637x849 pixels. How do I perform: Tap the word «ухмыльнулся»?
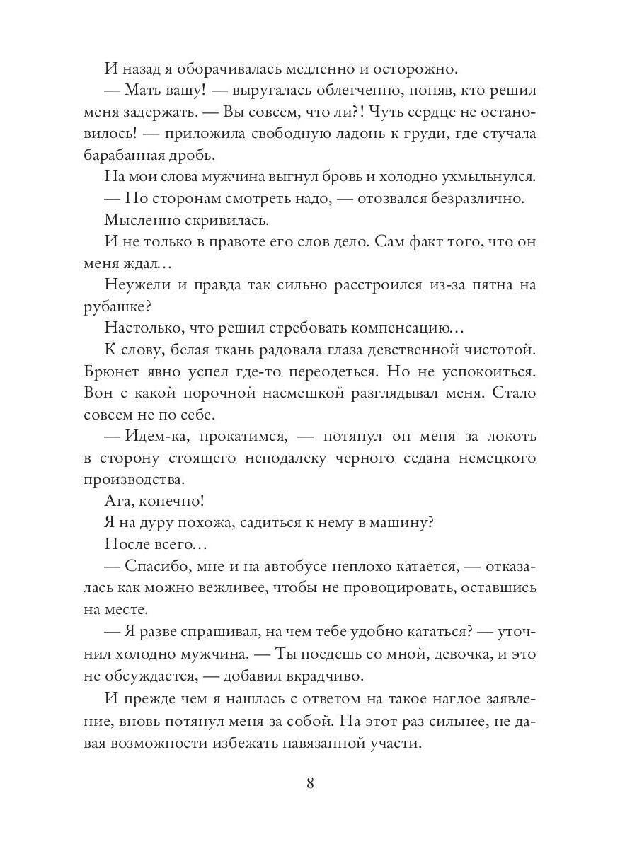pyautogui.click(x=481, y=178)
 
